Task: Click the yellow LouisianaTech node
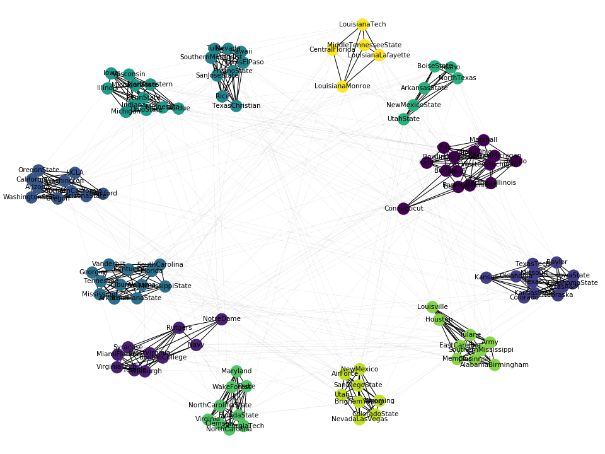pos(362,25)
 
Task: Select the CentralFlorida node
pos(332,50)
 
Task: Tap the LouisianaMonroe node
pos(342,86)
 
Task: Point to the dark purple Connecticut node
pos(403,209)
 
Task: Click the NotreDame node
pos(221,319)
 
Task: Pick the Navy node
pos(196,345)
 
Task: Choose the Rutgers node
pos(179,328)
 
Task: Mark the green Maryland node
pos(236,371)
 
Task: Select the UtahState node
pos(403,119)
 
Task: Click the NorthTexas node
pos(458,78)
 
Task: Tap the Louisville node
pos(432,307)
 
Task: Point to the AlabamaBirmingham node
pos(495,365)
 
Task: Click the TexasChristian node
pos(236,106)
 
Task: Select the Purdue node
pos(178,108)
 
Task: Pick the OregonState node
pos(38,170)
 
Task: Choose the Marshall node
pos(483,140)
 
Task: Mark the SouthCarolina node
pos(160,265)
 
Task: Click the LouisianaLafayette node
pos(379,55)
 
